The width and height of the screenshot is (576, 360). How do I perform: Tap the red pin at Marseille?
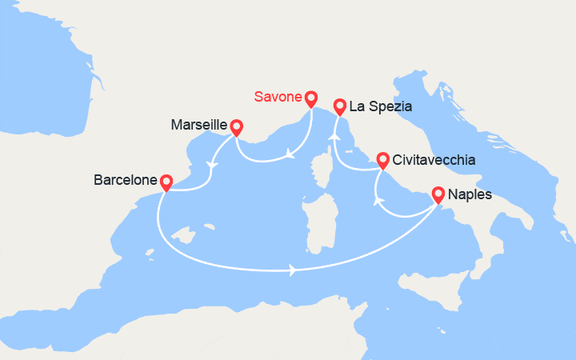(x=236, y=127)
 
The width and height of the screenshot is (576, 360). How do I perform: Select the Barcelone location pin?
(x=166, y=182)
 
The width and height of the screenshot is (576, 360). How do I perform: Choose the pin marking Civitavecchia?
(x=382, y=159)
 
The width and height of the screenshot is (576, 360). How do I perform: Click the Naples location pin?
(x=438, y=194)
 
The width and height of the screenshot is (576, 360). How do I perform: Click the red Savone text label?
(x=278, y=98)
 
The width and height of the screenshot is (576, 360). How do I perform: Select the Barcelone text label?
(x=126, y=182)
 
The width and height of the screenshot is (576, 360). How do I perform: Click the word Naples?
(x=470, y=194)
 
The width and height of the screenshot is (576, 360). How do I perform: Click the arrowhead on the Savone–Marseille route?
(x=289, y=153)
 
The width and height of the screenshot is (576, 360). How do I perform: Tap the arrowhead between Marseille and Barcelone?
(x=212, y=165)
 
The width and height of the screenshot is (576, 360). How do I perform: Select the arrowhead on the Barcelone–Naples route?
(x=294, y=271)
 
